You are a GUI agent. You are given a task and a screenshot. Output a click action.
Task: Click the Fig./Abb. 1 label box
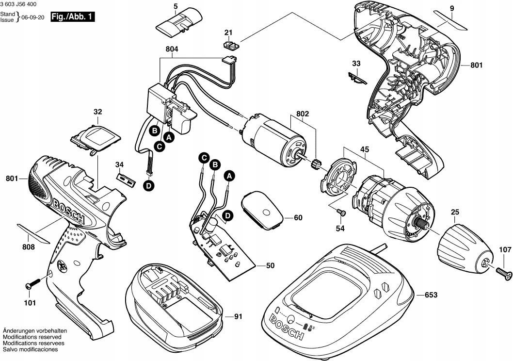pyautogui.click(x=73, y=17)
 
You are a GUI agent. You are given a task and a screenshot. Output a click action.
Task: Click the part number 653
pyautogui.click(x=431, y=295)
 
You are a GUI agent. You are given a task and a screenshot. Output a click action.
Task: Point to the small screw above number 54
pyautogui.click(x=341, y=212)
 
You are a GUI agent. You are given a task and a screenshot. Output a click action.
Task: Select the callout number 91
pyautogui.click(x=238, y=317)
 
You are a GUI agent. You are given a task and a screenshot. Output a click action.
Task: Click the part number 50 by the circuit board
pyautogui.click(x=271, y=265)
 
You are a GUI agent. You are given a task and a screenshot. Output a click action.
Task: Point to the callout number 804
pyautogui.click(x=172, y=49)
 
